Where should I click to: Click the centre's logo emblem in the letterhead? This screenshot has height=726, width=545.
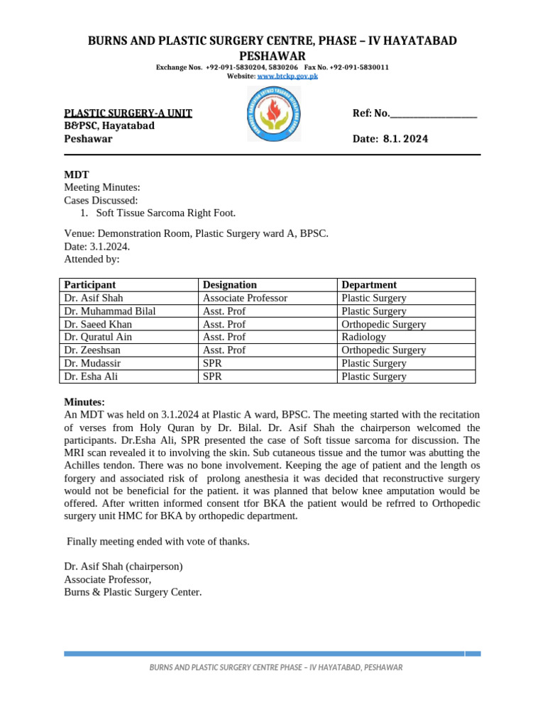click(x=273, y=113)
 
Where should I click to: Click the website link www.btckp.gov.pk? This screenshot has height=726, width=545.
click(x=287, y=75)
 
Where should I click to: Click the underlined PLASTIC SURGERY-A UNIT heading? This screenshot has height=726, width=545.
click(x=128, y=113)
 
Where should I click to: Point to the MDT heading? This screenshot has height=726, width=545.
click(x=77, y=174)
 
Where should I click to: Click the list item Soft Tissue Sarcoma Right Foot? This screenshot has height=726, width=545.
click(x=165, y=213)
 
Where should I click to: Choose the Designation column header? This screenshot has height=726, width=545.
click(x=230, y=285)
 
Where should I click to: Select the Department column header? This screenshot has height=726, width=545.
click(x=369, y=285)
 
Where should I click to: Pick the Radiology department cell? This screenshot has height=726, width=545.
click(x=363, y=337)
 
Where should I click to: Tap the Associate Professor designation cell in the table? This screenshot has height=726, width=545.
click(x=245, y=298)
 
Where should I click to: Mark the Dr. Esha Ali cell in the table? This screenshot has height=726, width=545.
click(x=91, y=376)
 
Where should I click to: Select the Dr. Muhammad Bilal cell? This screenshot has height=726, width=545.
click(x=110, y=311)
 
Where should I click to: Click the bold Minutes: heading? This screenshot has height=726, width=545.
click(x=84, y=402)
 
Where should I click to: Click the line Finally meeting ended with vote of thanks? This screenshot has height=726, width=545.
click(x=158, y=542)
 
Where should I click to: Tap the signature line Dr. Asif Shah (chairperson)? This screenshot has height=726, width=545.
click(x=123, y=566)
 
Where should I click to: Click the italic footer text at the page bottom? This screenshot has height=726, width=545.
click(x=275, y=668)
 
